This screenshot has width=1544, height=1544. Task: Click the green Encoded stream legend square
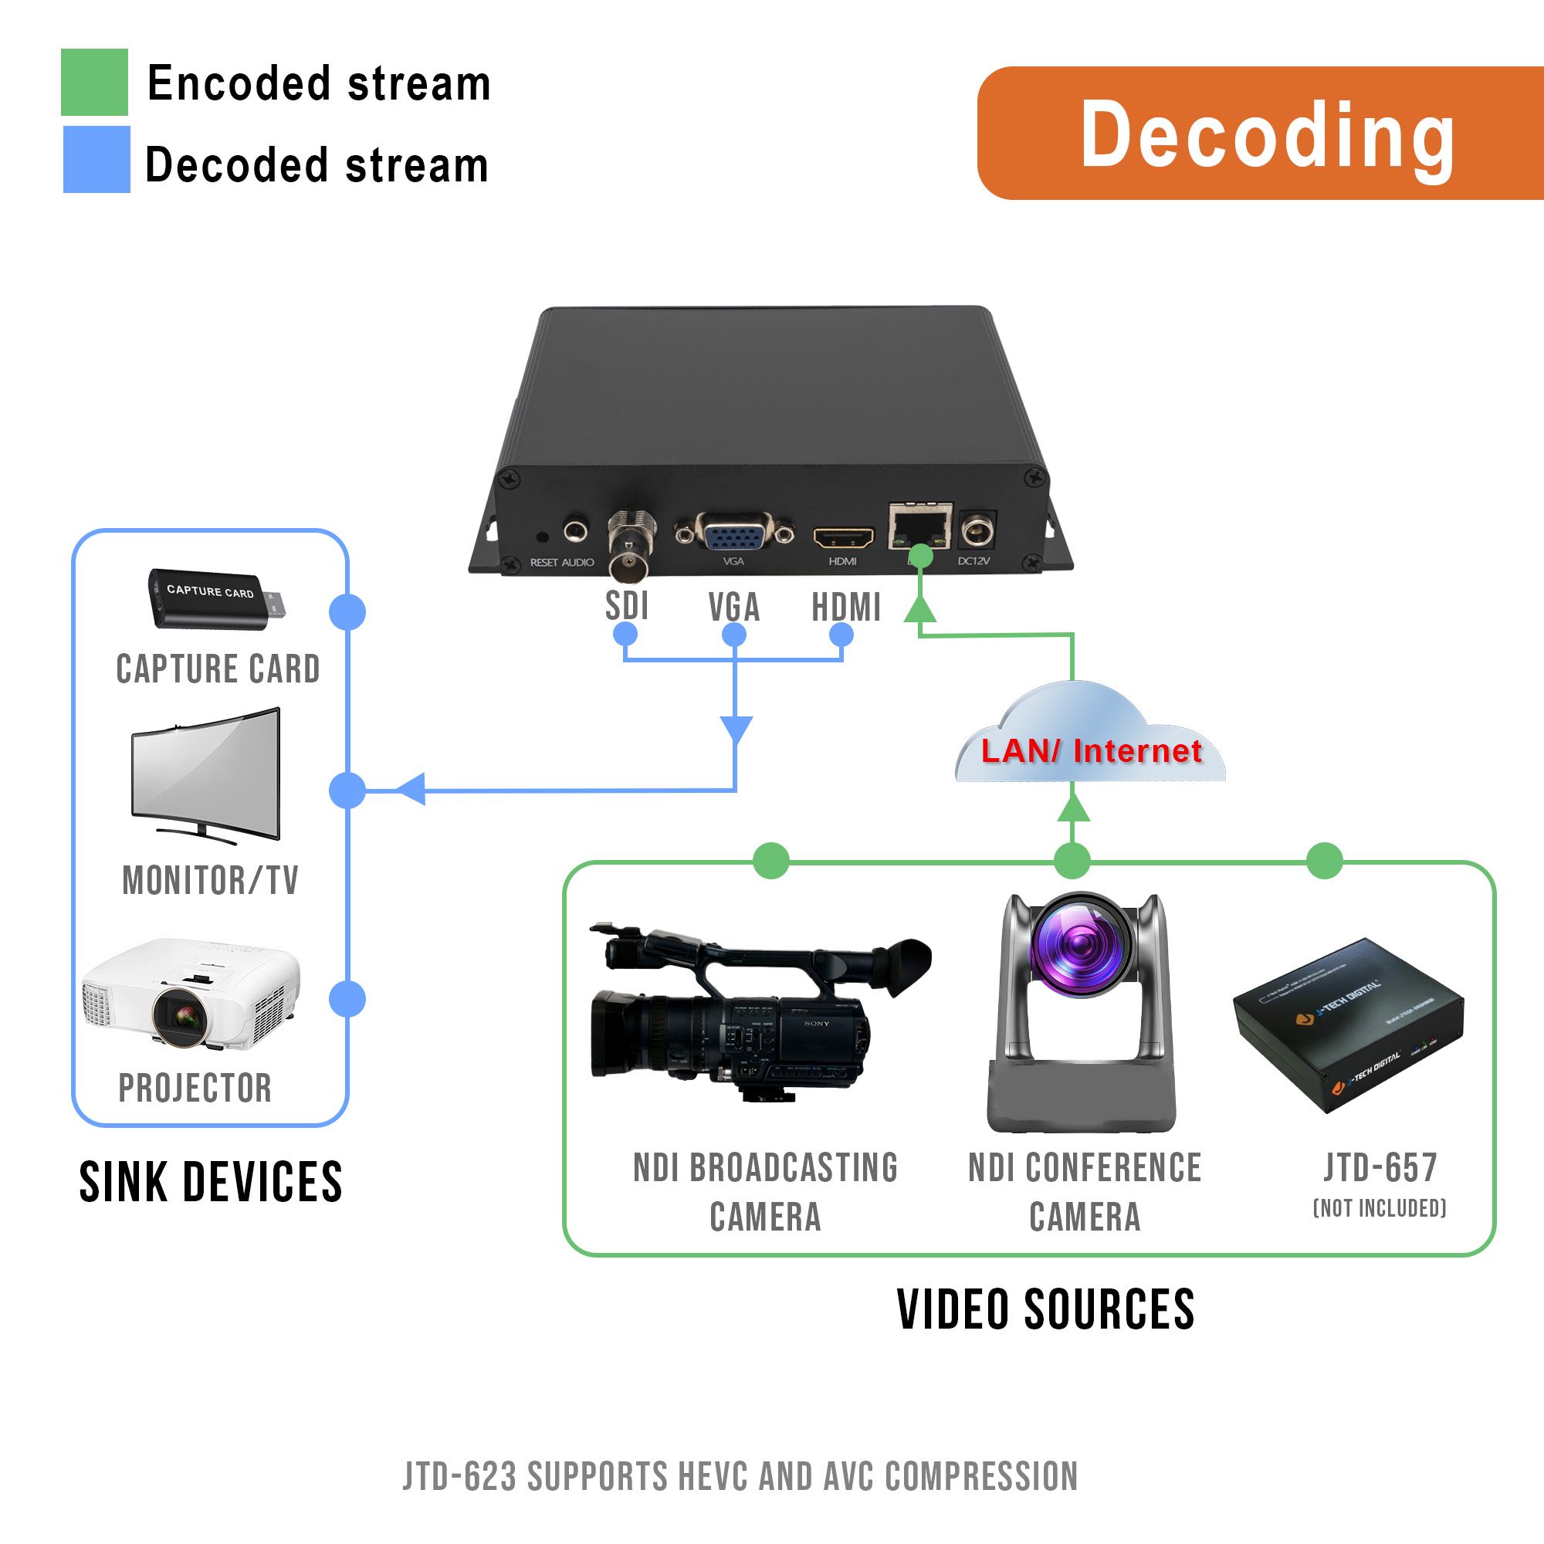pos(94,83)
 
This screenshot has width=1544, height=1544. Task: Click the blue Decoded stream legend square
pos(96,159)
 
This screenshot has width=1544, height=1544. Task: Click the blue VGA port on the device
pos(733,531)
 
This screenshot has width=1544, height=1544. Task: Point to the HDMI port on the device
pos(843,537)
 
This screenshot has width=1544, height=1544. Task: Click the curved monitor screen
pos(206,770)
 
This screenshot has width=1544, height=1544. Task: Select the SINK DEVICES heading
pos(211,1183)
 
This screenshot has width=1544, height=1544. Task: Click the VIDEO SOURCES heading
pos(1045,1310)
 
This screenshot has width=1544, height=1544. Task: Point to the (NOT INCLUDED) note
pos(1380,1208)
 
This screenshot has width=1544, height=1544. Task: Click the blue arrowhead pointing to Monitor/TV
pos(411,790)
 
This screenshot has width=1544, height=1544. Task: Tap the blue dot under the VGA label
pos(733,635)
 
